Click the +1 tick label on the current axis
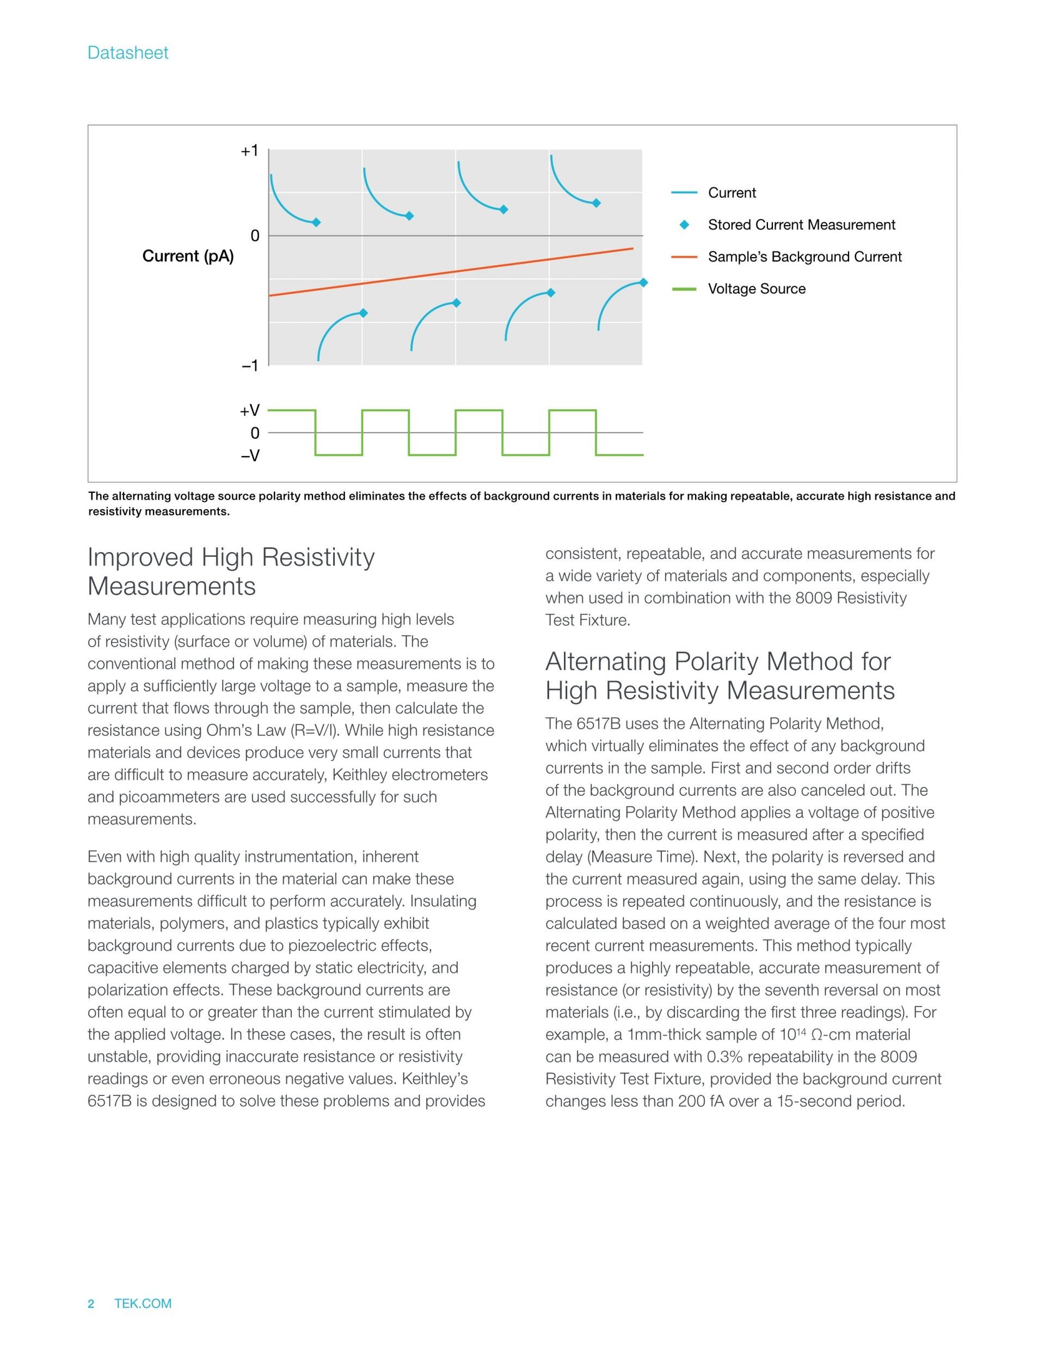pyautogui.click(x=249, y=150)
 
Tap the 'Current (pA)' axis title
pyautogui.click(x=188, y=256)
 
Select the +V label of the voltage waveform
pyautogui.click(x=249, y=411)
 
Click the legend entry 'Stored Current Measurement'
pyautogui.click(x=801, y=225)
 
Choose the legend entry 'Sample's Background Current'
pyautogui.click(x=804, y=257)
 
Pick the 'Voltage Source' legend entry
pyautogui.click(x=757, y=289)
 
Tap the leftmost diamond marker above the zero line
pyautogui.click(x=316, y=222)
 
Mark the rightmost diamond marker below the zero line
pyautogui.click(x=643, y=283)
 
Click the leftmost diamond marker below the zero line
pyautogui.click(x=364, y=313)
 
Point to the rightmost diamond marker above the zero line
pyautogui.click(x=596, y=203)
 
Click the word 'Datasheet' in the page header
pyautogui.click(x=127, y=53)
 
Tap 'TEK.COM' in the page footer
pyautogui.click(x=143, y=1303)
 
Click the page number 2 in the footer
pyautogui.click(x=91, y=1303)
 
